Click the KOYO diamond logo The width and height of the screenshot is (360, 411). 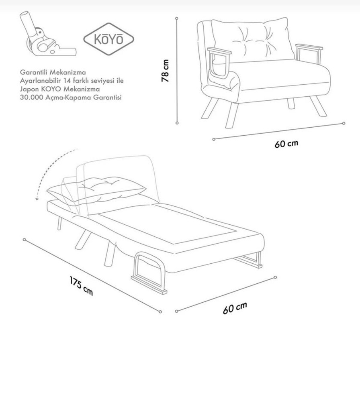point(108,39)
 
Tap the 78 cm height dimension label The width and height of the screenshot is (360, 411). point(165,71)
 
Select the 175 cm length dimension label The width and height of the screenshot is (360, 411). point(81,286)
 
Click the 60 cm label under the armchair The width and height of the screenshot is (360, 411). point(286,143)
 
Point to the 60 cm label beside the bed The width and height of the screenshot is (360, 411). point(235,308)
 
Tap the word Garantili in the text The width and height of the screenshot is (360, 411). point(34,72)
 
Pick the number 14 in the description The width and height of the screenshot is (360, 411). point(71,80)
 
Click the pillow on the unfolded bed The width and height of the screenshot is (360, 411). point(96,190)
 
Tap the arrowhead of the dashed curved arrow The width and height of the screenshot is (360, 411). point(37,199)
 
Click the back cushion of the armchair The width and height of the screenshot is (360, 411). point(253,40)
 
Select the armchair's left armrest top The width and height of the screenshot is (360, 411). point(219,51)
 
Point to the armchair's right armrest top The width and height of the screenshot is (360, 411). point(309,47)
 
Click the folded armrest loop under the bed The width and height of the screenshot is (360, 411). point(149,273)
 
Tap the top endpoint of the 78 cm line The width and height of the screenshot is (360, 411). point(177,18)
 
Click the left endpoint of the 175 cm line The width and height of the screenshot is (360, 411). point(25,240)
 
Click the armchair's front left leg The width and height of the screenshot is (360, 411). point(231,115)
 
